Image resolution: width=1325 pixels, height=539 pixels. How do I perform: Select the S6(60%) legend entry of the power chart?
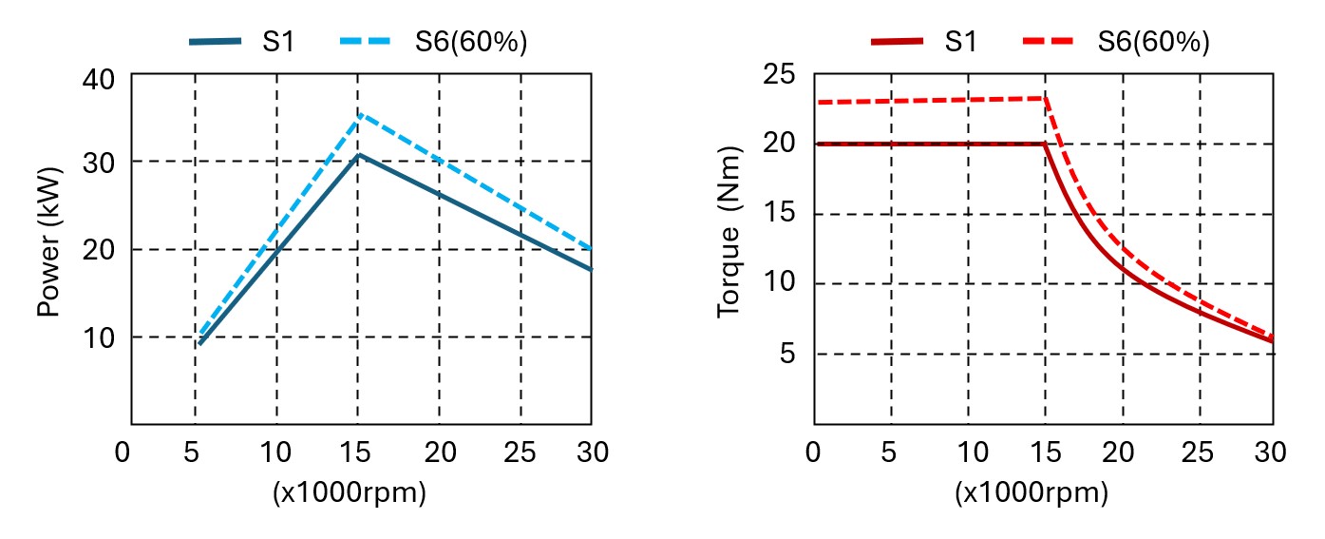(x=433, y=42)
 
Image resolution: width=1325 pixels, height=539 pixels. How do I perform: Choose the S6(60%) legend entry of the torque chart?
(x=1116, y=42)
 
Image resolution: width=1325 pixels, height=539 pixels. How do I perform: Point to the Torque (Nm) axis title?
(x=729, y=232)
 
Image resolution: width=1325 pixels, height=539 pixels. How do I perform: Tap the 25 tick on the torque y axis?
(x=778, y=74)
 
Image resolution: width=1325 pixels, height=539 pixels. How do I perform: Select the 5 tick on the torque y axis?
(x=787, y=354)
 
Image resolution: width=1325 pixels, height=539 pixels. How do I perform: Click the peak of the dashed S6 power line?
(x=358, y=113)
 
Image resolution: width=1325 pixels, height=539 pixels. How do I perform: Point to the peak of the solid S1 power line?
(x=358, y=154)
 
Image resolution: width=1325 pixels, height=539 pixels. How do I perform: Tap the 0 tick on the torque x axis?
(x=813, y=452)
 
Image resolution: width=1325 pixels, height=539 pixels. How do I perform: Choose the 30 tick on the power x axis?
(x=591, y=452)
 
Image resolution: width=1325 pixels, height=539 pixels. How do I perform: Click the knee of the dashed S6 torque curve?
(x=1045, y=98)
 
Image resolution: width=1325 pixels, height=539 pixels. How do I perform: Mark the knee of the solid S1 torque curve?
(x=1045, y=144)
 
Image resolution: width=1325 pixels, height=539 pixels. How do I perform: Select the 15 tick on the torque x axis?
(x=1045, y=452)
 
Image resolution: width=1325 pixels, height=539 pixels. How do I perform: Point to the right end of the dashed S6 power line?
(x=591, y=249)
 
